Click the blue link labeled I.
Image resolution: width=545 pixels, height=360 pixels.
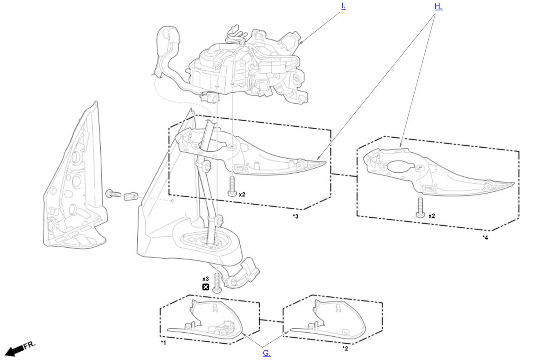click(343, 6)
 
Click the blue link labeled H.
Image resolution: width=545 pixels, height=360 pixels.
click(438, 6)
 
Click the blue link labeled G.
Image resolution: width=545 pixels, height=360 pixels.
click(267, 353)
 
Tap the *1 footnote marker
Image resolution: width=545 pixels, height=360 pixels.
click(163, 343)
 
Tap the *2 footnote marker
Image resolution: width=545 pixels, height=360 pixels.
click(345, 349)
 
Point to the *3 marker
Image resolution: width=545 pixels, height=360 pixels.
click(296, 216)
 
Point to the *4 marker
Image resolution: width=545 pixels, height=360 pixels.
click(486, 238)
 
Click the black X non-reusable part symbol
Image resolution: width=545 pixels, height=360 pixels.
click(206, 287)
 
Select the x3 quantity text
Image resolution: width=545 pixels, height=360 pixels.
click(206, 279)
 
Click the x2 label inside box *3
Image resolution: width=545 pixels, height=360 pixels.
click(242, 195)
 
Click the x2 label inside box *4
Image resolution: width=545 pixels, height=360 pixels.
click(431, 216)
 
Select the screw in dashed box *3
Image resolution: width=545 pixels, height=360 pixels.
click(233, 186)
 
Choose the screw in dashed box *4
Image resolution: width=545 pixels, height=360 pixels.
click(421, 208)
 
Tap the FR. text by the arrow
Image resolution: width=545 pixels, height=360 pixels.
click(30, 345)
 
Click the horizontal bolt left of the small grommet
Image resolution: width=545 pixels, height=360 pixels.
click(113, 194)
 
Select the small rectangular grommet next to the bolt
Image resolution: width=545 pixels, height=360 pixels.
click(131, 196)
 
